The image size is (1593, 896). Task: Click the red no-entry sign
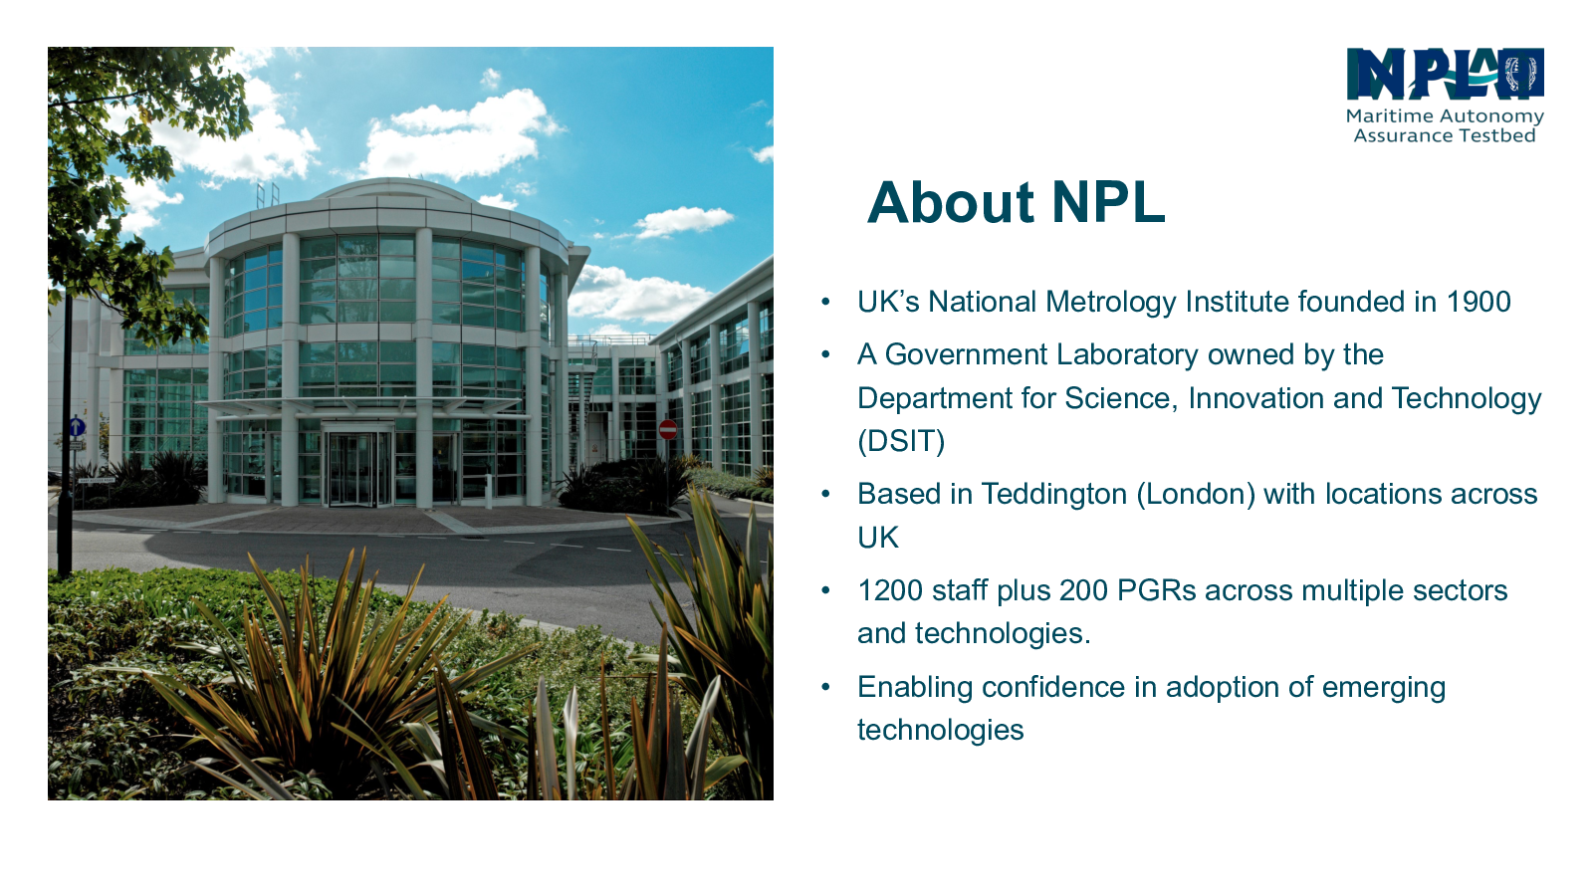click(x=668, y=429)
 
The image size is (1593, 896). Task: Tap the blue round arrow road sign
click(x=78, y=427)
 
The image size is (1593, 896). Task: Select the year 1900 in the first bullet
click(x=1479, y=302)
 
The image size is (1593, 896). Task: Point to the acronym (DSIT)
click(x=901, y=441)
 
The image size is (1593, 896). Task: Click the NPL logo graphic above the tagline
click(x=1445, y=74)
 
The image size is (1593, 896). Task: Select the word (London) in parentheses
click(x=1196, y=494)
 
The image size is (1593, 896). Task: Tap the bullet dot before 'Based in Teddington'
click(x=825, y=494)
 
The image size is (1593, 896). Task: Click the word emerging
click(x=1383, y=688)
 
